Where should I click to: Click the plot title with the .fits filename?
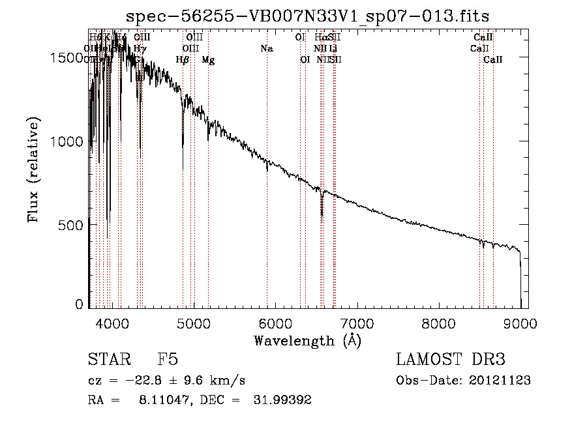[307, 16]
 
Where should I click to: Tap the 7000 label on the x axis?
[357, 322]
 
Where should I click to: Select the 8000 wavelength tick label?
[439, 322]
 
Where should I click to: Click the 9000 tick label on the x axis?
[520, 322]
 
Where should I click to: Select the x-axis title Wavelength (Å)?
[307, 340]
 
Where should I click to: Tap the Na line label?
[266, 48]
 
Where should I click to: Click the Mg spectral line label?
[208, 60]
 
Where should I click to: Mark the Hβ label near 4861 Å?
[183, 60]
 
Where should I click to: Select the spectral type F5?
[168, 360]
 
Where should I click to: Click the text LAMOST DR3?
[451, 360]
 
